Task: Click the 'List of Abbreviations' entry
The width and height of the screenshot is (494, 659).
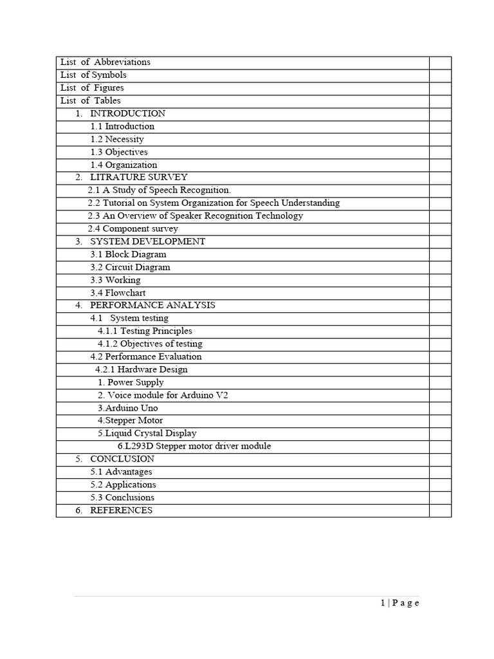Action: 105,62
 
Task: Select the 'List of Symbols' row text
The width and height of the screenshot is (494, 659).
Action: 93,75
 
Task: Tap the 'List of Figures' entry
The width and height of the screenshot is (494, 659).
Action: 92,88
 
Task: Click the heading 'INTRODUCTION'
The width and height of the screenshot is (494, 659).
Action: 127,114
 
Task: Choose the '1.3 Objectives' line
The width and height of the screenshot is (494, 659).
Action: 119,153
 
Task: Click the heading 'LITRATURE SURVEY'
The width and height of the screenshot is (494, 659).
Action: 139,178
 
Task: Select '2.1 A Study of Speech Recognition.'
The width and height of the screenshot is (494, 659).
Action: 159,190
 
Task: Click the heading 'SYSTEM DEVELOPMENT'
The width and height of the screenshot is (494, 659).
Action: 147,242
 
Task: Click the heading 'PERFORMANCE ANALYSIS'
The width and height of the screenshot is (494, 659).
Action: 152,306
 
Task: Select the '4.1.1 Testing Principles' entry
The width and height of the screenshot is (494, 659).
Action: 145,331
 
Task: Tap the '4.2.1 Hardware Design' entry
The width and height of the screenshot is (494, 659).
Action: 142,370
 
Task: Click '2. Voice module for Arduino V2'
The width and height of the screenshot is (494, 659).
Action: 163,395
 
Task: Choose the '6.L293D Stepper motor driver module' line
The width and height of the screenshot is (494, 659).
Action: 194,447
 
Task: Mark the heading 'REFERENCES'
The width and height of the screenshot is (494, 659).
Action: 121,510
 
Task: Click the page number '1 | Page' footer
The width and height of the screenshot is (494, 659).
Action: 399,603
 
